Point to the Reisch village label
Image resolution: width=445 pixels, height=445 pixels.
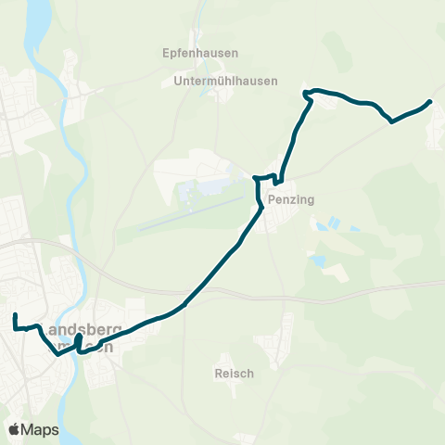tap(227, 372)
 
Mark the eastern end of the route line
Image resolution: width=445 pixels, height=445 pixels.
tap(430, 101)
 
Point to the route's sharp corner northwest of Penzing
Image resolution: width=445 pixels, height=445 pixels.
tap(257, 176)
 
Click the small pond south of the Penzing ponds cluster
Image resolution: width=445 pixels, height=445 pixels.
tap(318, 261)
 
